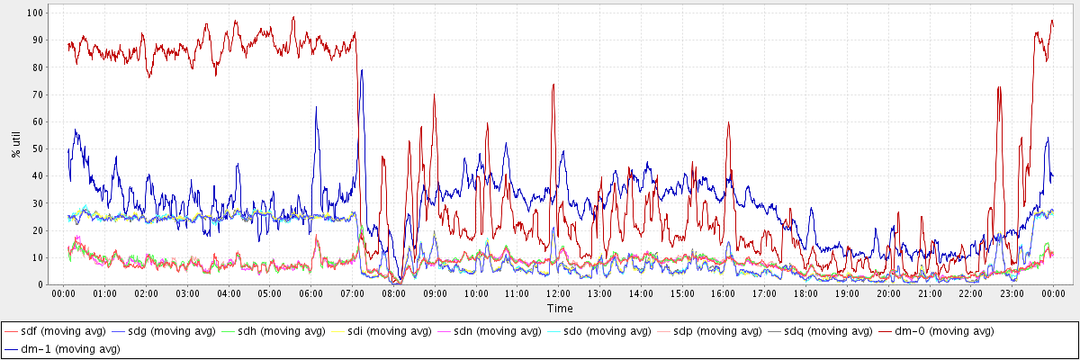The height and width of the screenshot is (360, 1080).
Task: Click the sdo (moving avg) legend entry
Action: coord(604,331)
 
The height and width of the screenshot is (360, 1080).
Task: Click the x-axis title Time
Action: coord(559,308)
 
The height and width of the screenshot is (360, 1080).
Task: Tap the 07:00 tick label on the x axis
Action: coord(352,293)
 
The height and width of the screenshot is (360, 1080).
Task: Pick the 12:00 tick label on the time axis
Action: coord(558,293)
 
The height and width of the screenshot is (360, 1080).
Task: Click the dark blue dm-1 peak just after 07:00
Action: coord(362,70)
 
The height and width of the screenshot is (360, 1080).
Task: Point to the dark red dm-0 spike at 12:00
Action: coord(553,85)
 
